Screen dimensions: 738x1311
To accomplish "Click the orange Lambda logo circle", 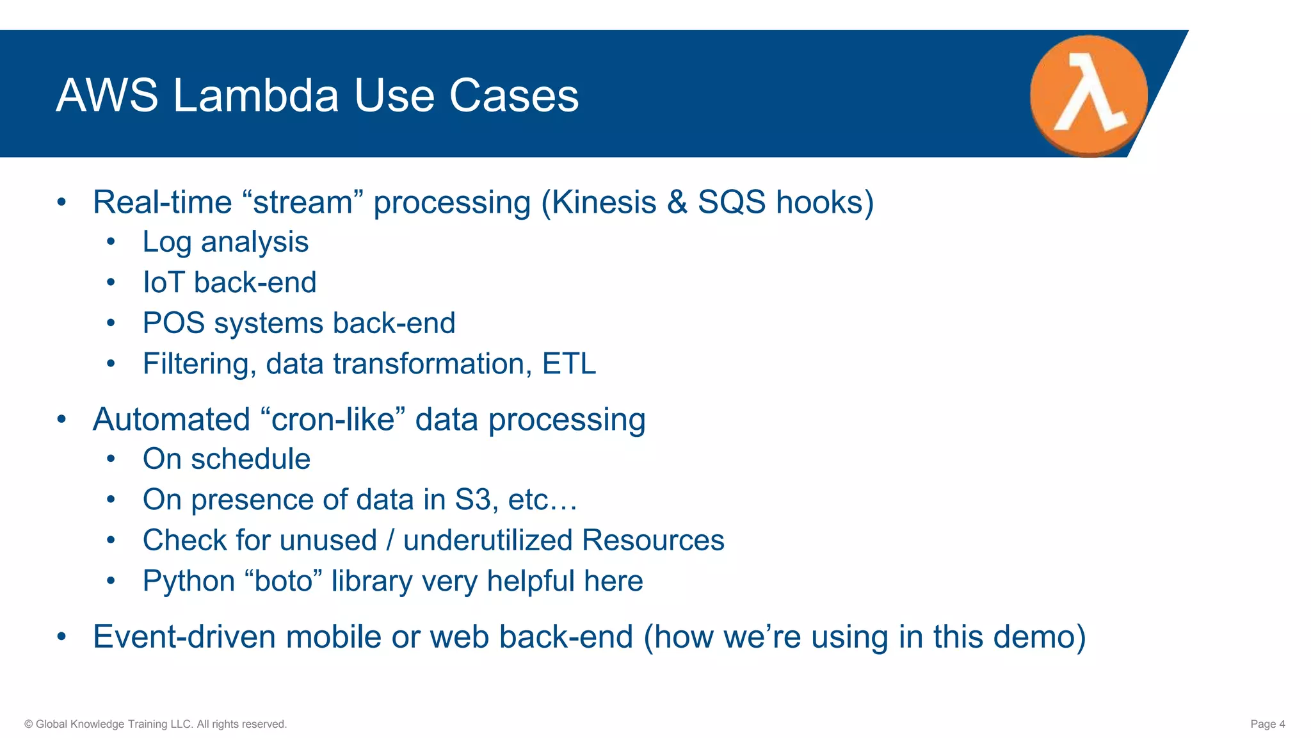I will [1088, 95].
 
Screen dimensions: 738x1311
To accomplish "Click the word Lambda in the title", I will [256, 96].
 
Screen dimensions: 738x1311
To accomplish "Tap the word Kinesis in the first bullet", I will [604, 202].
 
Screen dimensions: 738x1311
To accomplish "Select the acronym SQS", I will [732, 202].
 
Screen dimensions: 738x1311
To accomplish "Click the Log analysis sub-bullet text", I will [225, 242].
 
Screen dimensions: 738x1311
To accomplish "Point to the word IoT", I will [163, 283].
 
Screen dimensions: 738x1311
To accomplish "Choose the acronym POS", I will [173, 323].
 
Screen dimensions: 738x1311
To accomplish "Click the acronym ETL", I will [569, 364].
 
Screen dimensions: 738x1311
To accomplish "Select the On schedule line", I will [226, 459].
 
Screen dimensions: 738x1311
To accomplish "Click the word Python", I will [189, 582].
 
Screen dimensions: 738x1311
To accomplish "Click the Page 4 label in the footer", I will [1267, 724].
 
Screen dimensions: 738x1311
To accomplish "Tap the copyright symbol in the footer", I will [28, 724].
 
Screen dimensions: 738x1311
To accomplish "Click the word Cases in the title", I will [513, 96].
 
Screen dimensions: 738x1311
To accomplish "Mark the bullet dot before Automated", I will [61, 420].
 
